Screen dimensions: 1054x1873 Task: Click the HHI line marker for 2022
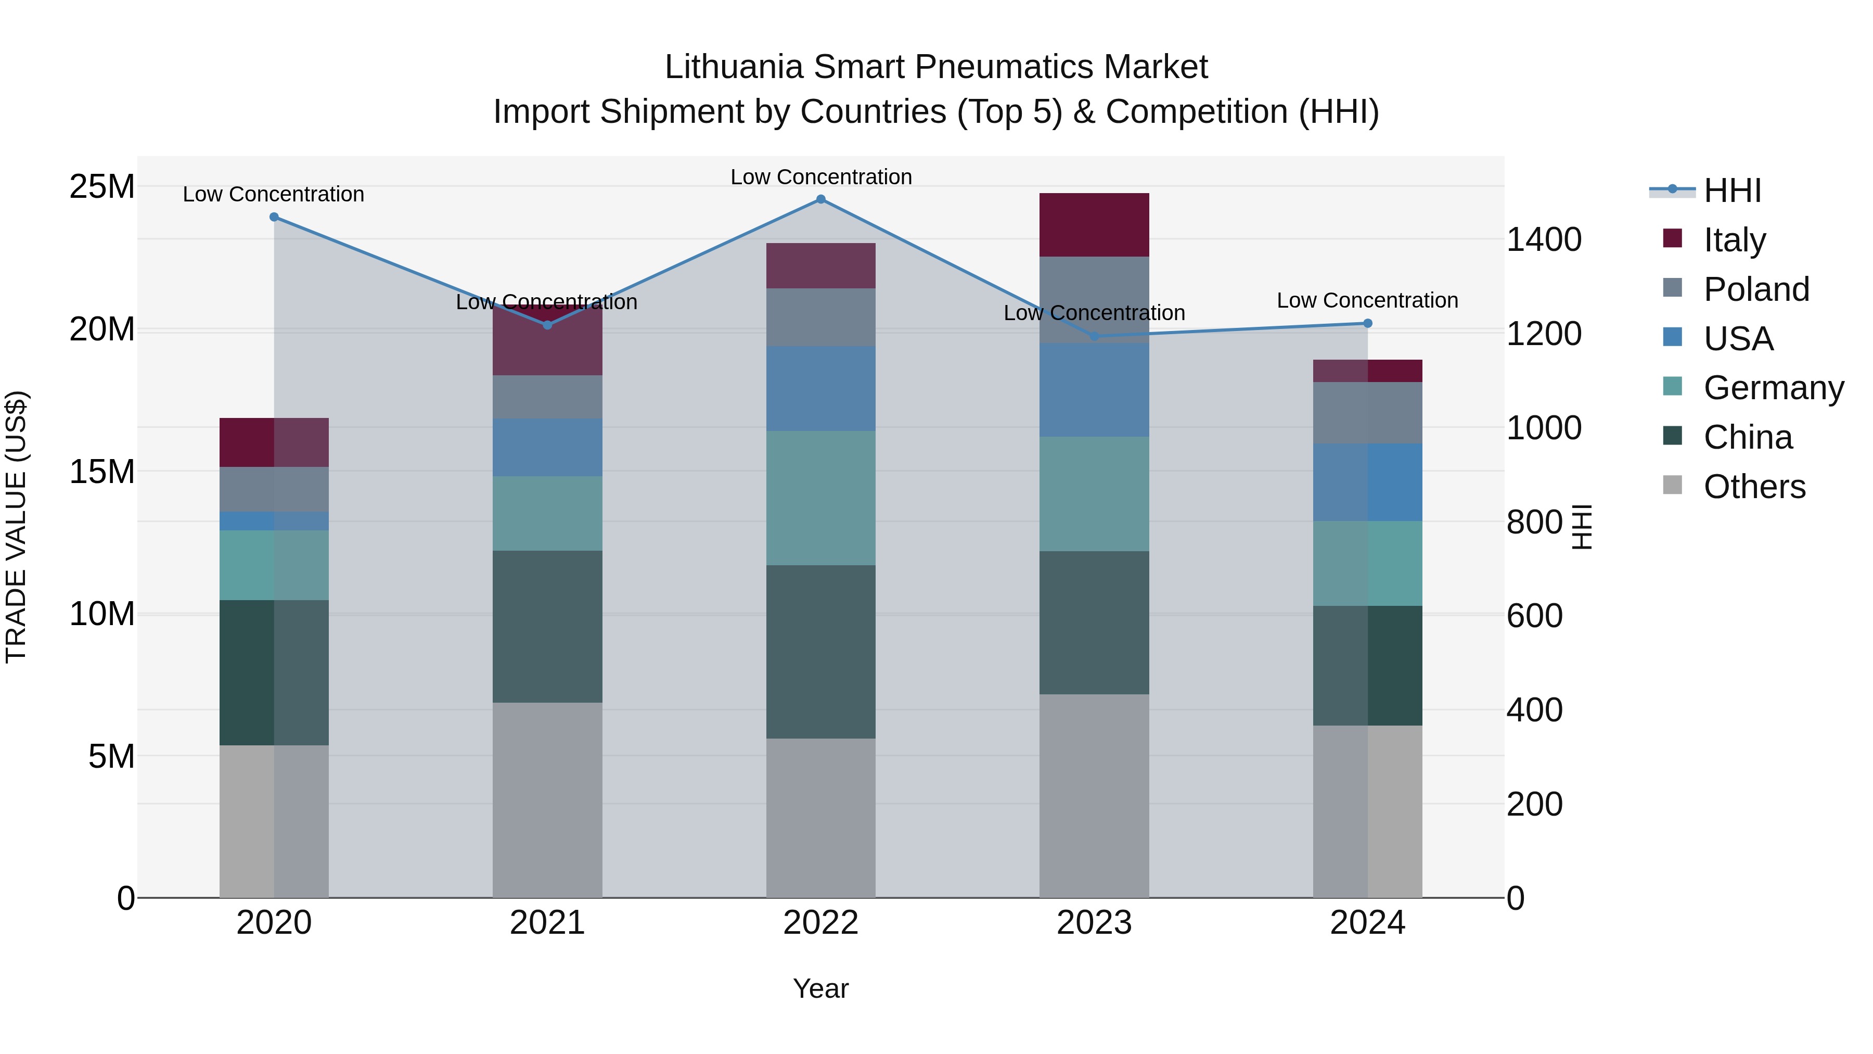click(x=821, y=199)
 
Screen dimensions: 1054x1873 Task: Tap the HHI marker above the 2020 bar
click(x=274, y=217)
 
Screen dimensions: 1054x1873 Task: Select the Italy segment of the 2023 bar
click(x=1094, y=225)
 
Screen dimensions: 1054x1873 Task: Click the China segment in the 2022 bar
click(x=821, y=652)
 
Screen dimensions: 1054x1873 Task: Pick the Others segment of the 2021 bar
click(x=547, y=799)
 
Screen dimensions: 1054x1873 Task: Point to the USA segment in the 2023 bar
click(x=1094, y=390)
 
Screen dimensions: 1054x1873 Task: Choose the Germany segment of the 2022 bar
click(x=821, y=498)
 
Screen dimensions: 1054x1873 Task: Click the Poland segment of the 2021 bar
click(x=547, y=397)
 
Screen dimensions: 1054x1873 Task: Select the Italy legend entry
click(x=1734, y=240)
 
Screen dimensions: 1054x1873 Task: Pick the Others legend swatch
click(x=1672, y=485)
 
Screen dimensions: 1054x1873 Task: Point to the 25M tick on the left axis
click(x=102, y=187)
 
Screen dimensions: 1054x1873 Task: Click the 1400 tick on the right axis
click(x=1543, y=240)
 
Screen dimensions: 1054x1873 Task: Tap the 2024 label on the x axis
click(x=1367, y=923)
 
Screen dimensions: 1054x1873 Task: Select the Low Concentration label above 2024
click(x=1367, y=300)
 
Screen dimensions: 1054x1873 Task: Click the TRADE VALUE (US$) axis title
click(x=16, y=527)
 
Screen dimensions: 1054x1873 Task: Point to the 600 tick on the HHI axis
click(x=1534, y=616)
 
